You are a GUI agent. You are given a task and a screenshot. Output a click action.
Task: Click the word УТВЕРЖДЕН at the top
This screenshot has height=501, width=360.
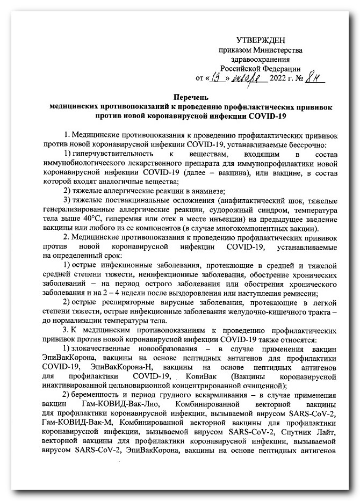tap(261, 41)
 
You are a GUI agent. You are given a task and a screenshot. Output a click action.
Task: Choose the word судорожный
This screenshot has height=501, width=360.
tap(235, 210)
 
